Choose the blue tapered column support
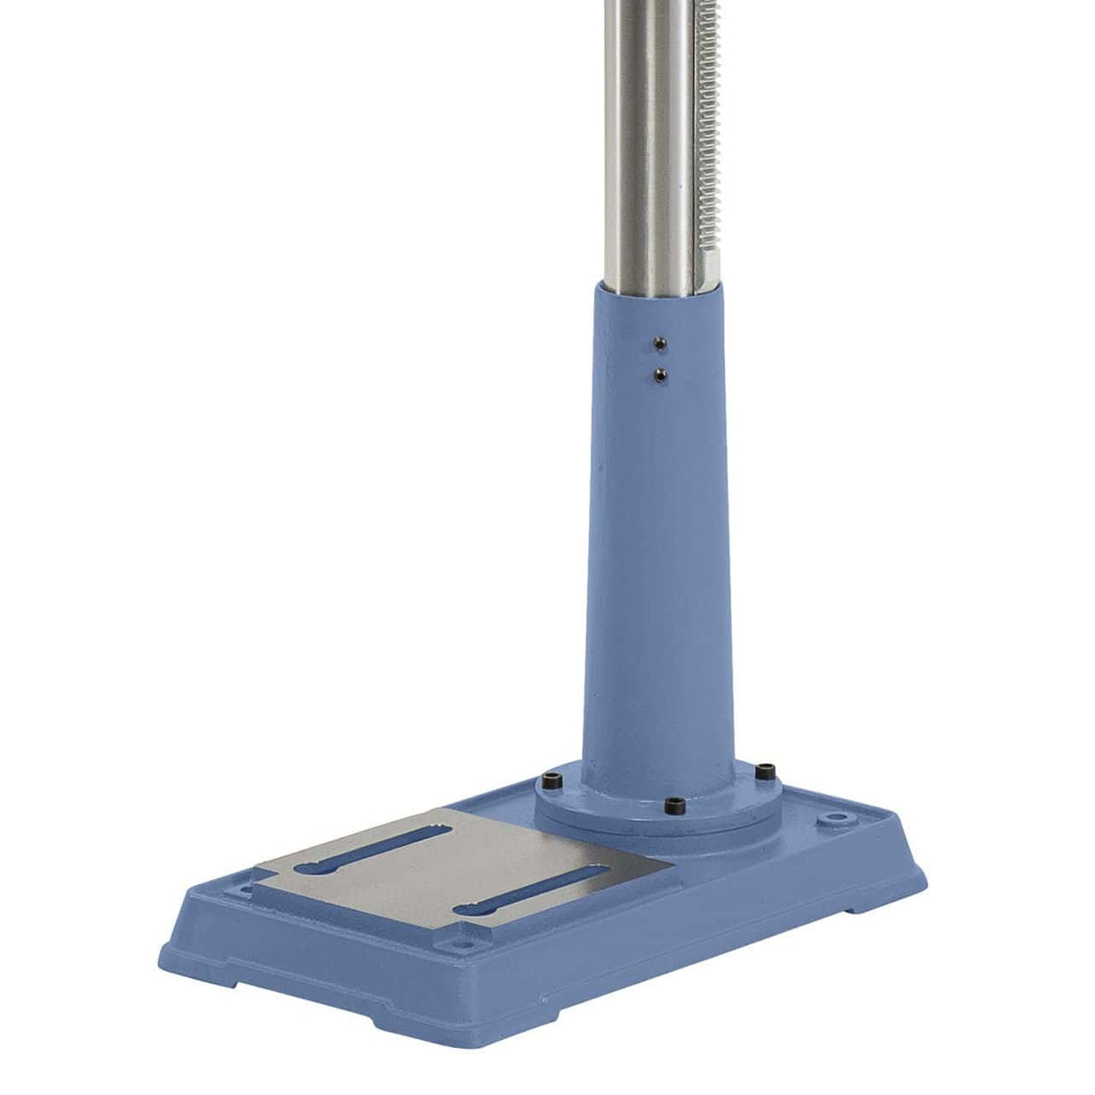pyautogui.click(x=658, y=559)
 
